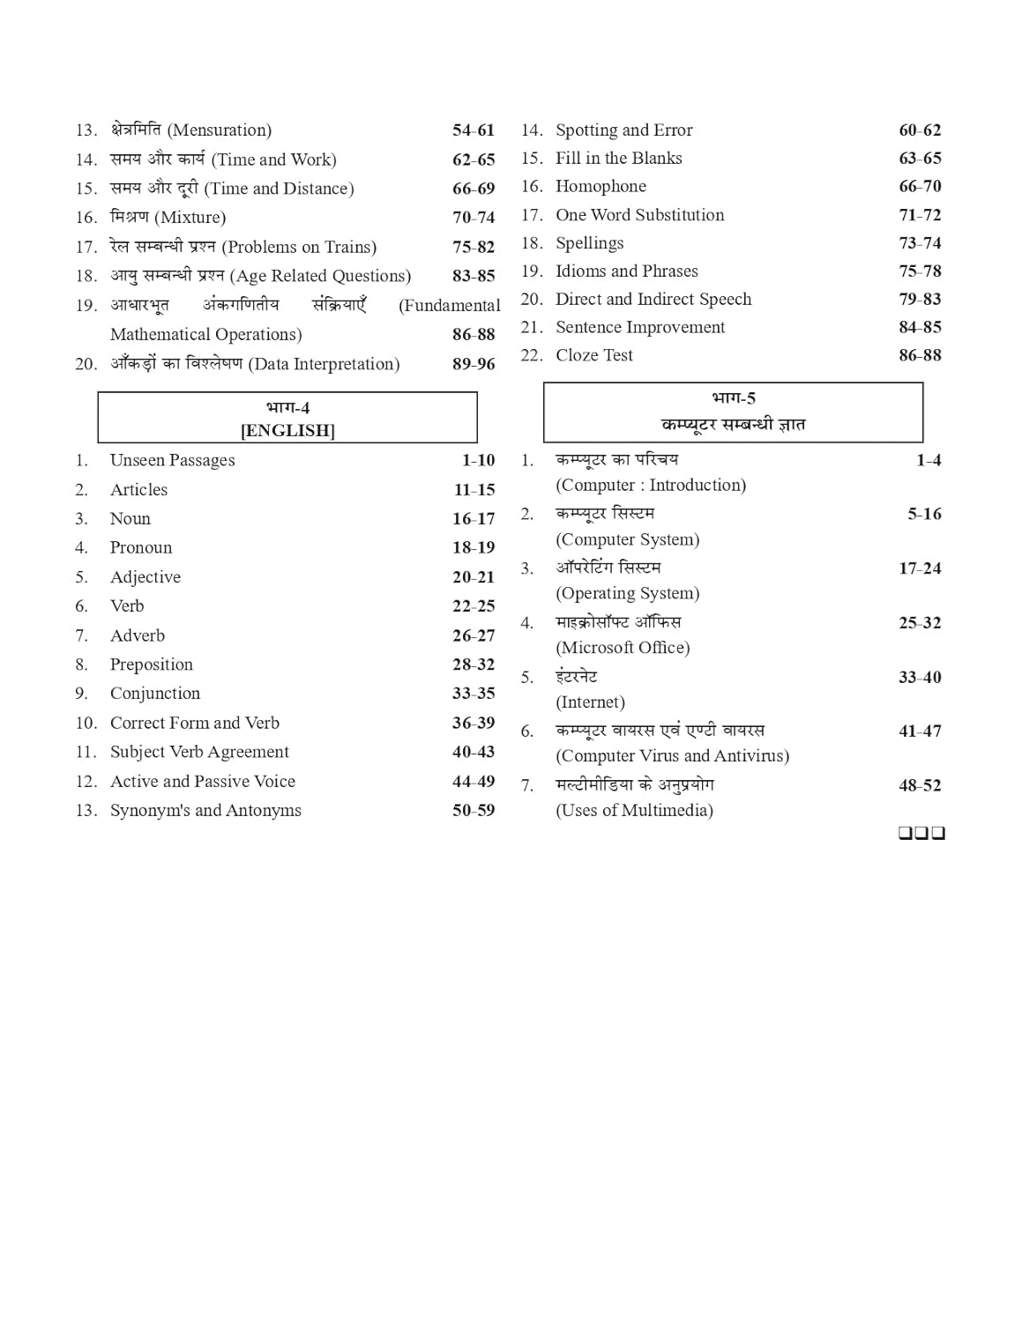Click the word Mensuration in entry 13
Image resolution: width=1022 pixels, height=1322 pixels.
point(220,130)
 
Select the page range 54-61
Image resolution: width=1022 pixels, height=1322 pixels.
point(474,130)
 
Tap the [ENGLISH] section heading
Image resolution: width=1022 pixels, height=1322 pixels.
point(287,431)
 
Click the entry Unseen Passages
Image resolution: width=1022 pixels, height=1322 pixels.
point(172,460)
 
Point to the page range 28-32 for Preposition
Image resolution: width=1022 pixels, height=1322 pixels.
point(474,665)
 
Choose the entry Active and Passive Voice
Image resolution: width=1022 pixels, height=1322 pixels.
point(202,782)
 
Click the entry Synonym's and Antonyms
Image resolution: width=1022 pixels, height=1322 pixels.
point(205,811)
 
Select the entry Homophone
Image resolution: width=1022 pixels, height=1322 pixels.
point(601,187)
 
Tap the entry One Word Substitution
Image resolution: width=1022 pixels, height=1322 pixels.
point(639,215)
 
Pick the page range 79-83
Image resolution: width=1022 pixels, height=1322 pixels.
point(920,300)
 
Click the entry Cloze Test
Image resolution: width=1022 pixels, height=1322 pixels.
point(593,355)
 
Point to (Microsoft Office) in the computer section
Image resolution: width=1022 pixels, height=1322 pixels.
point(623,648)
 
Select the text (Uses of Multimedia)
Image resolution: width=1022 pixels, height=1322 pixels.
point(634,811)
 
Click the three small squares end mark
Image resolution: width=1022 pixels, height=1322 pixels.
point(921,833)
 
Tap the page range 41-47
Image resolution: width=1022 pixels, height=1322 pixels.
point(920,732)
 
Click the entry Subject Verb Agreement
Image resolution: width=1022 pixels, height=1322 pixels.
point(199,752)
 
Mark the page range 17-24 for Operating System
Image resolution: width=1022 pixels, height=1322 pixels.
point(920,569)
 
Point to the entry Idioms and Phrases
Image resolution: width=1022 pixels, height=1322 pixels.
point(626,271)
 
